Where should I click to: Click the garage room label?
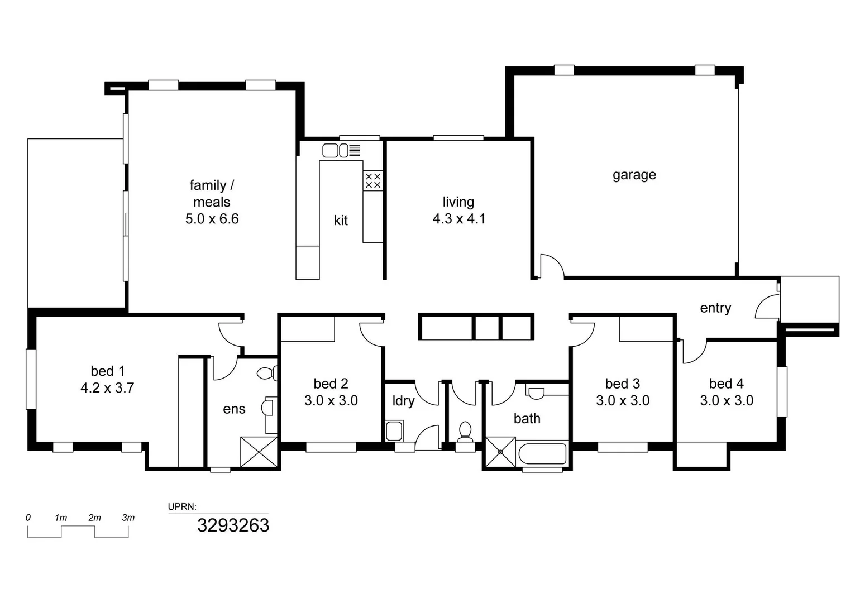pos(634,175)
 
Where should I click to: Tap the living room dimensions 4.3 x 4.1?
pos(459,219)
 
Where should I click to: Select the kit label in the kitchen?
pos(341,221)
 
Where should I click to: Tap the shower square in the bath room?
pos(500,452)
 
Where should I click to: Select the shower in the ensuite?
pos(259,452)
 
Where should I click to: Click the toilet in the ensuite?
pos(267,373)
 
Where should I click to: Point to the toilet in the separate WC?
pos(465,431)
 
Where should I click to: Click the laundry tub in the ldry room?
pos(394,431)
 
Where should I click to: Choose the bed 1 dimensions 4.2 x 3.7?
pos(107,388)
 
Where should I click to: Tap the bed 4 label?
pos(726,384)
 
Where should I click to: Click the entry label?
pos(715,308)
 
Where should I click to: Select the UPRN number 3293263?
pos(233,525)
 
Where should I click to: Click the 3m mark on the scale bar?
pos(128,518)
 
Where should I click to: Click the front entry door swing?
pos(767,308)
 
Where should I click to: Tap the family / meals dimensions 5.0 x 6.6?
pos(212,219)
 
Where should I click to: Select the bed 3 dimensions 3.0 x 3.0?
pos(622,401)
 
